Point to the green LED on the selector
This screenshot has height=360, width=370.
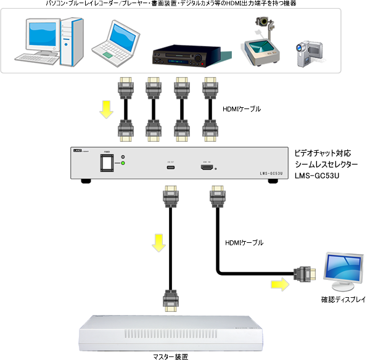[123, 163]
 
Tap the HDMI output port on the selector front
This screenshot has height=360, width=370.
[205, 166]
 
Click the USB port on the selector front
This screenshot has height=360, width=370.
[170, 167]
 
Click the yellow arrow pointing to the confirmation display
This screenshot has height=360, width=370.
[279, 285]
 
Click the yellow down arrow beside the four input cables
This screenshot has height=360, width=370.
[107, 108]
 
